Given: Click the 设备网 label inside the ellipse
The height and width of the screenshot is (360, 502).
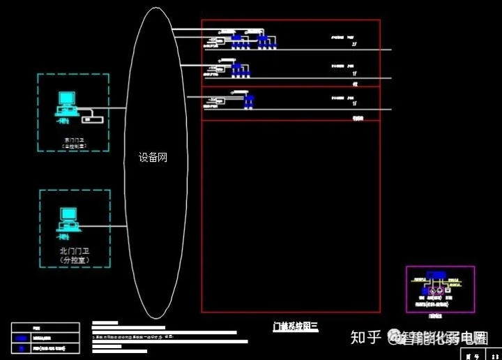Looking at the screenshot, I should click(x=153, y=158).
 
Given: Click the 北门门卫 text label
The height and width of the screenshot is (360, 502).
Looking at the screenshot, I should click(x=74, y=251).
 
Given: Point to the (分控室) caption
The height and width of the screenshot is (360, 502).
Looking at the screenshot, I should click(x=74, y=260).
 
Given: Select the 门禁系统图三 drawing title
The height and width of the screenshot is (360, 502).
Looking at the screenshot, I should click(x=295, y=326).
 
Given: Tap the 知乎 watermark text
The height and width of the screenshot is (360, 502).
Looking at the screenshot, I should click(x=366, y=338).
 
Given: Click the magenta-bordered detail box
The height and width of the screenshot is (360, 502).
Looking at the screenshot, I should click(x=440, y=289).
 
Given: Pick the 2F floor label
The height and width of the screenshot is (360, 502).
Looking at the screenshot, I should click(x=354, y=45).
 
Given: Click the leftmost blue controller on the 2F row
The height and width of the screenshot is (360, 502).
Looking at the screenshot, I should click(x=237, y=40).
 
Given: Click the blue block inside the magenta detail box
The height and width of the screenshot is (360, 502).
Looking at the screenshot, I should click(x=437, y=274).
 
